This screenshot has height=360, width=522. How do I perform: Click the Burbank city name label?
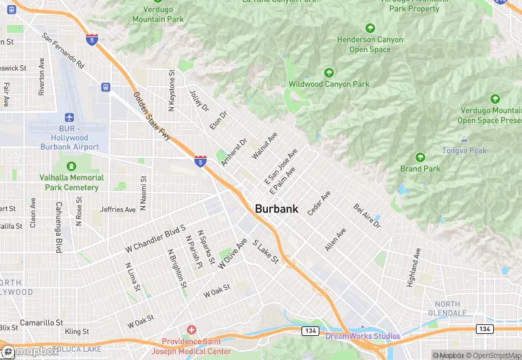276,209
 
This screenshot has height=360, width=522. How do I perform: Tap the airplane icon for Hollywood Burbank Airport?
69,118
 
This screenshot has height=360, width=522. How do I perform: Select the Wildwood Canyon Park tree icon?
329,72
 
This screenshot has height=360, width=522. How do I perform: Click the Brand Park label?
420,168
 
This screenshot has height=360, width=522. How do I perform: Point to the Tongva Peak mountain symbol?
464,139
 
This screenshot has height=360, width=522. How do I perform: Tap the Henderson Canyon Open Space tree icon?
370,28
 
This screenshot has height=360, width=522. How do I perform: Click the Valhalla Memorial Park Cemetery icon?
71,166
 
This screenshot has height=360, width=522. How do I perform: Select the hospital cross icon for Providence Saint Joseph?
191,330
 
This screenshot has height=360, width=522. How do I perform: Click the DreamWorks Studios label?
363,336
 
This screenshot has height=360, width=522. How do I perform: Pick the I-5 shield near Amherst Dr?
200,161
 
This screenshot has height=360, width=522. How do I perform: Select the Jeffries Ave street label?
117,209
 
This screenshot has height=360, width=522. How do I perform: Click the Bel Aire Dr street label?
367,216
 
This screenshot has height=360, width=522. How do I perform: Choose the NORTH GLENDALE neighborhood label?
448,308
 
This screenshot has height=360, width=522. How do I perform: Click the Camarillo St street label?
41,322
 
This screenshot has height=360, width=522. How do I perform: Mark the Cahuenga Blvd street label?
59,227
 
